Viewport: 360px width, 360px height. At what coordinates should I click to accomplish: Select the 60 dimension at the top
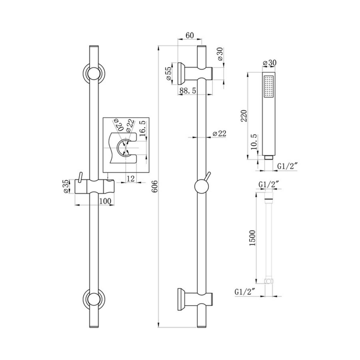point(189,35)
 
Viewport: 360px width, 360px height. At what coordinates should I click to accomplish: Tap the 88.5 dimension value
point(188,90)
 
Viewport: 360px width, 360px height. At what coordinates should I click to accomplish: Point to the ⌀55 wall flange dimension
point(168,73)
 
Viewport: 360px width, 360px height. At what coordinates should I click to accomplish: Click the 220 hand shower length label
point(244,116)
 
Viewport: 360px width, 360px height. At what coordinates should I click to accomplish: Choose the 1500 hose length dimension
point(252,238)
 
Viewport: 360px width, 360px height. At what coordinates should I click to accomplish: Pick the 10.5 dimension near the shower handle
point(254,142)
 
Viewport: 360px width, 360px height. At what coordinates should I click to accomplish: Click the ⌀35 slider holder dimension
point(66,187)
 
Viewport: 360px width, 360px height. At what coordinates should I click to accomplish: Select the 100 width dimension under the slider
point(105,201)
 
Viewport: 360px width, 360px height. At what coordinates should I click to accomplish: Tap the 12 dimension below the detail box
point(130,178)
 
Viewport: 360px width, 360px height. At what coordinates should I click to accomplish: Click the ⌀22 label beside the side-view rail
point(219,133)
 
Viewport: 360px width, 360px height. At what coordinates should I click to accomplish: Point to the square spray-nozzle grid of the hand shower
point(269,86)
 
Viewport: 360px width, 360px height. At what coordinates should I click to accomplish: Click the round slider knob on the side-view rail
point(201,187)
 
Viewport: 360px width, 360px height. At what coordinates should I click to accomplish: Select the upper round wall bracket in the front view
point(94,73)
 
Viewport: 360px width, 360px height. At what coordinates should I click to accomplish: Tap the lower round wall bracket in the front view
point(94,299)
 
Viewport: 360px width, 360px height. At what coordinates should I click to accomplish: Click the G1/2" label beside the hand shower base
point(288,166)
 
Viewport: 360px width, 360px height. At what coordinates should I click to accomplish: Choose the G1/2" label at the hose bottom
point(245,292)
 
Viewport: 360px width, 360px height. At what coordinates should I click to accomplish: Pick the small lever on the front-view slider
point(80,177)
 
